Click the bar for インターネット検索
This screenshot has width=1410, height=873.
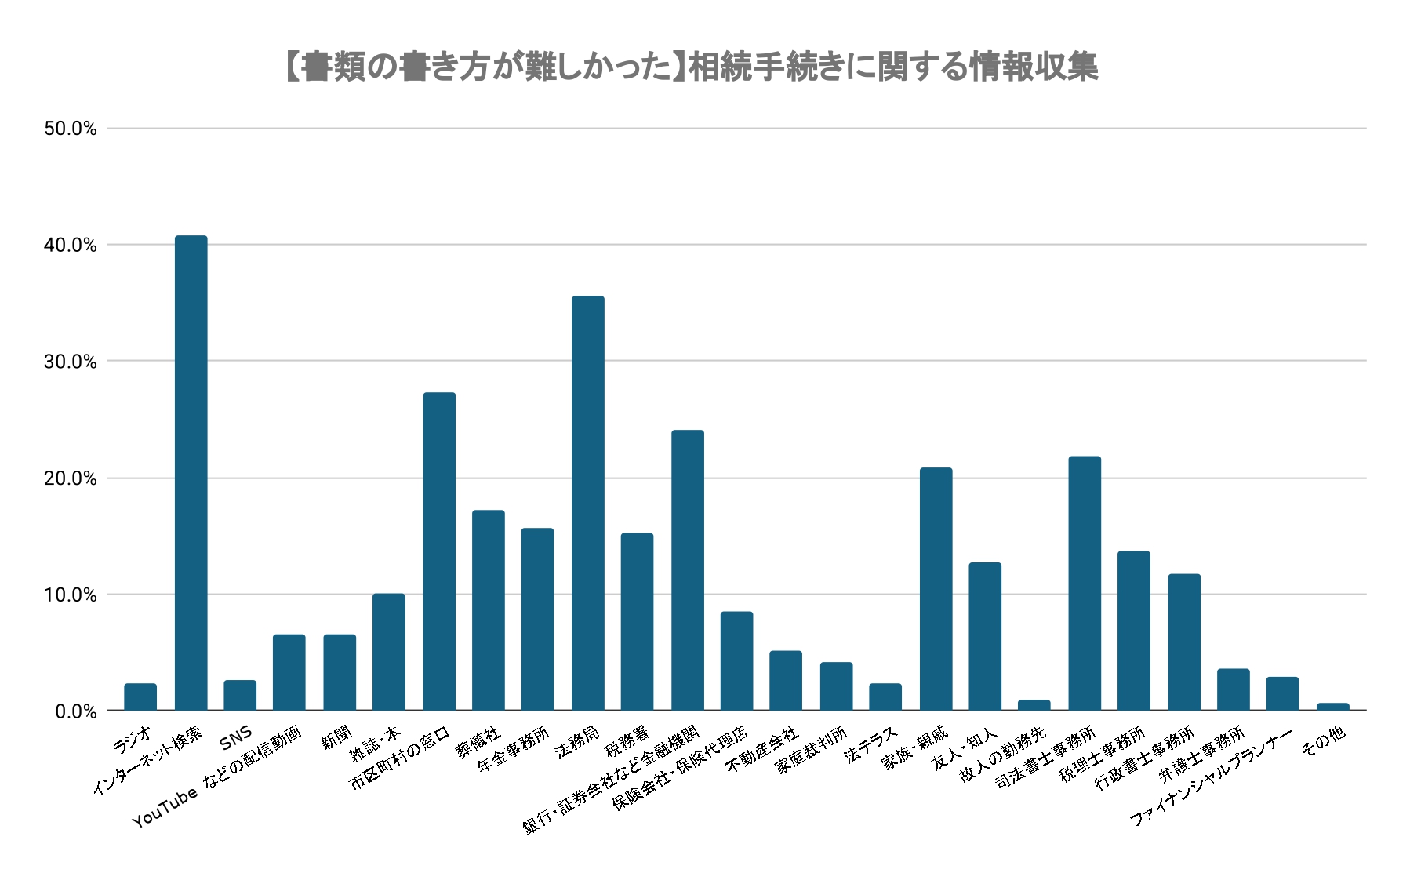pos(191,473)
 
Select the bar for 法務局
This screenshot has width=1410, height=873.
pos(588,503)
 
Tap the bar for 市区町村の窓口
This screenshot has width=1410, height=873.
pos(439,551)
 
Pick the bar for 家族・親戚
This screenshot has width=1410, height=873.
pos(936,589)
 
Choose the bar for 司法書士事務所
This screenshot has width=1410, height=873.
pos(1085,584)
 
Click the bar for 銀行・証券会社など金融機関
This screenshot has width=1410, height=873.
pos(688,570)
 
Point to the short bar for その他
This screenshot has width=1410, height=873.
pos(1333,707)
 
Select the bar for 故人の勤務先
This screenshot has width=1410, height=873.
pos(1034,705)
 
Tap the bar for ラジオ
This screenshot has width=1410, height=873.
pos(140,697)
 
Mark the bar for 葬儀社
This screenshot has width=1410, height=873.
pos(489,610)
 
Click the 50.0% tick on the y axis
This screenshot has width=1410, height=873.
pos(71,129)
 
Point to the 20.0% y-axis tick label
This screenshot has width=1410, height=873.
pos(71,478)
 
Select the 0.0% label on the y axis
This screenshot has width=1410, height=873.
pos(75,711)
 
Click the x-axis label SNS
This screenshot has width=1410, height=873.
pos(236,737)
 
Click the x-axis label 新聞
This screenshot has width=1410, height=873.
pos(336,738)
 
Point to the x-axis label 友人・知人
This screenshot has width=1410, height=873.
pos(965,748)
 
